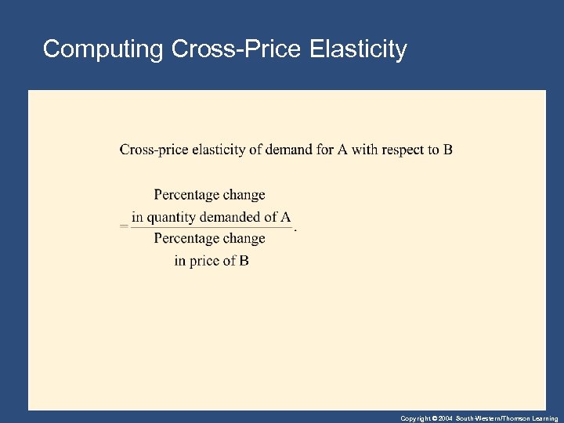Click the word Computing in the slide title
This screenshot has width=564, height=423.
click(102, 49)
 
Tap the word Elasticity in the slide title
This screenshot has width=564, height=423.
click(358, 49)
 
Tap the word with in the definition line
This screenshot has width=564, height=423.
click(364, 150)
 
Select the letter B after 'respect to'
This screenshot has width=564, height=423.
click(447, 150)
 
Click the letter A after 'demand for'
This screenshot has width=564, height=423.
click(342, 150)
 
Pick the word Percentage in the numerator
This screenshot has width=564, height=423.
click(186, 194)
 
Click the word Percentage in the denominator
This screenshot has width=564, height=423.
click(186, 238)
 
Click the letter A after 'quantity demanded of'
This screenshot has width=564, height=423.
click(286, 217)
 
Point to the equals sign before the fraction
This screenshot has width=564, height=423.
click(124, 226)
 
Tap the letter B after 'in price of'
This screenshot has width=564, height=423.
click(244, 260)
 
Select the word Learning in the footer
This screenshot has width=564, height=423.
click(544, 418)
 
